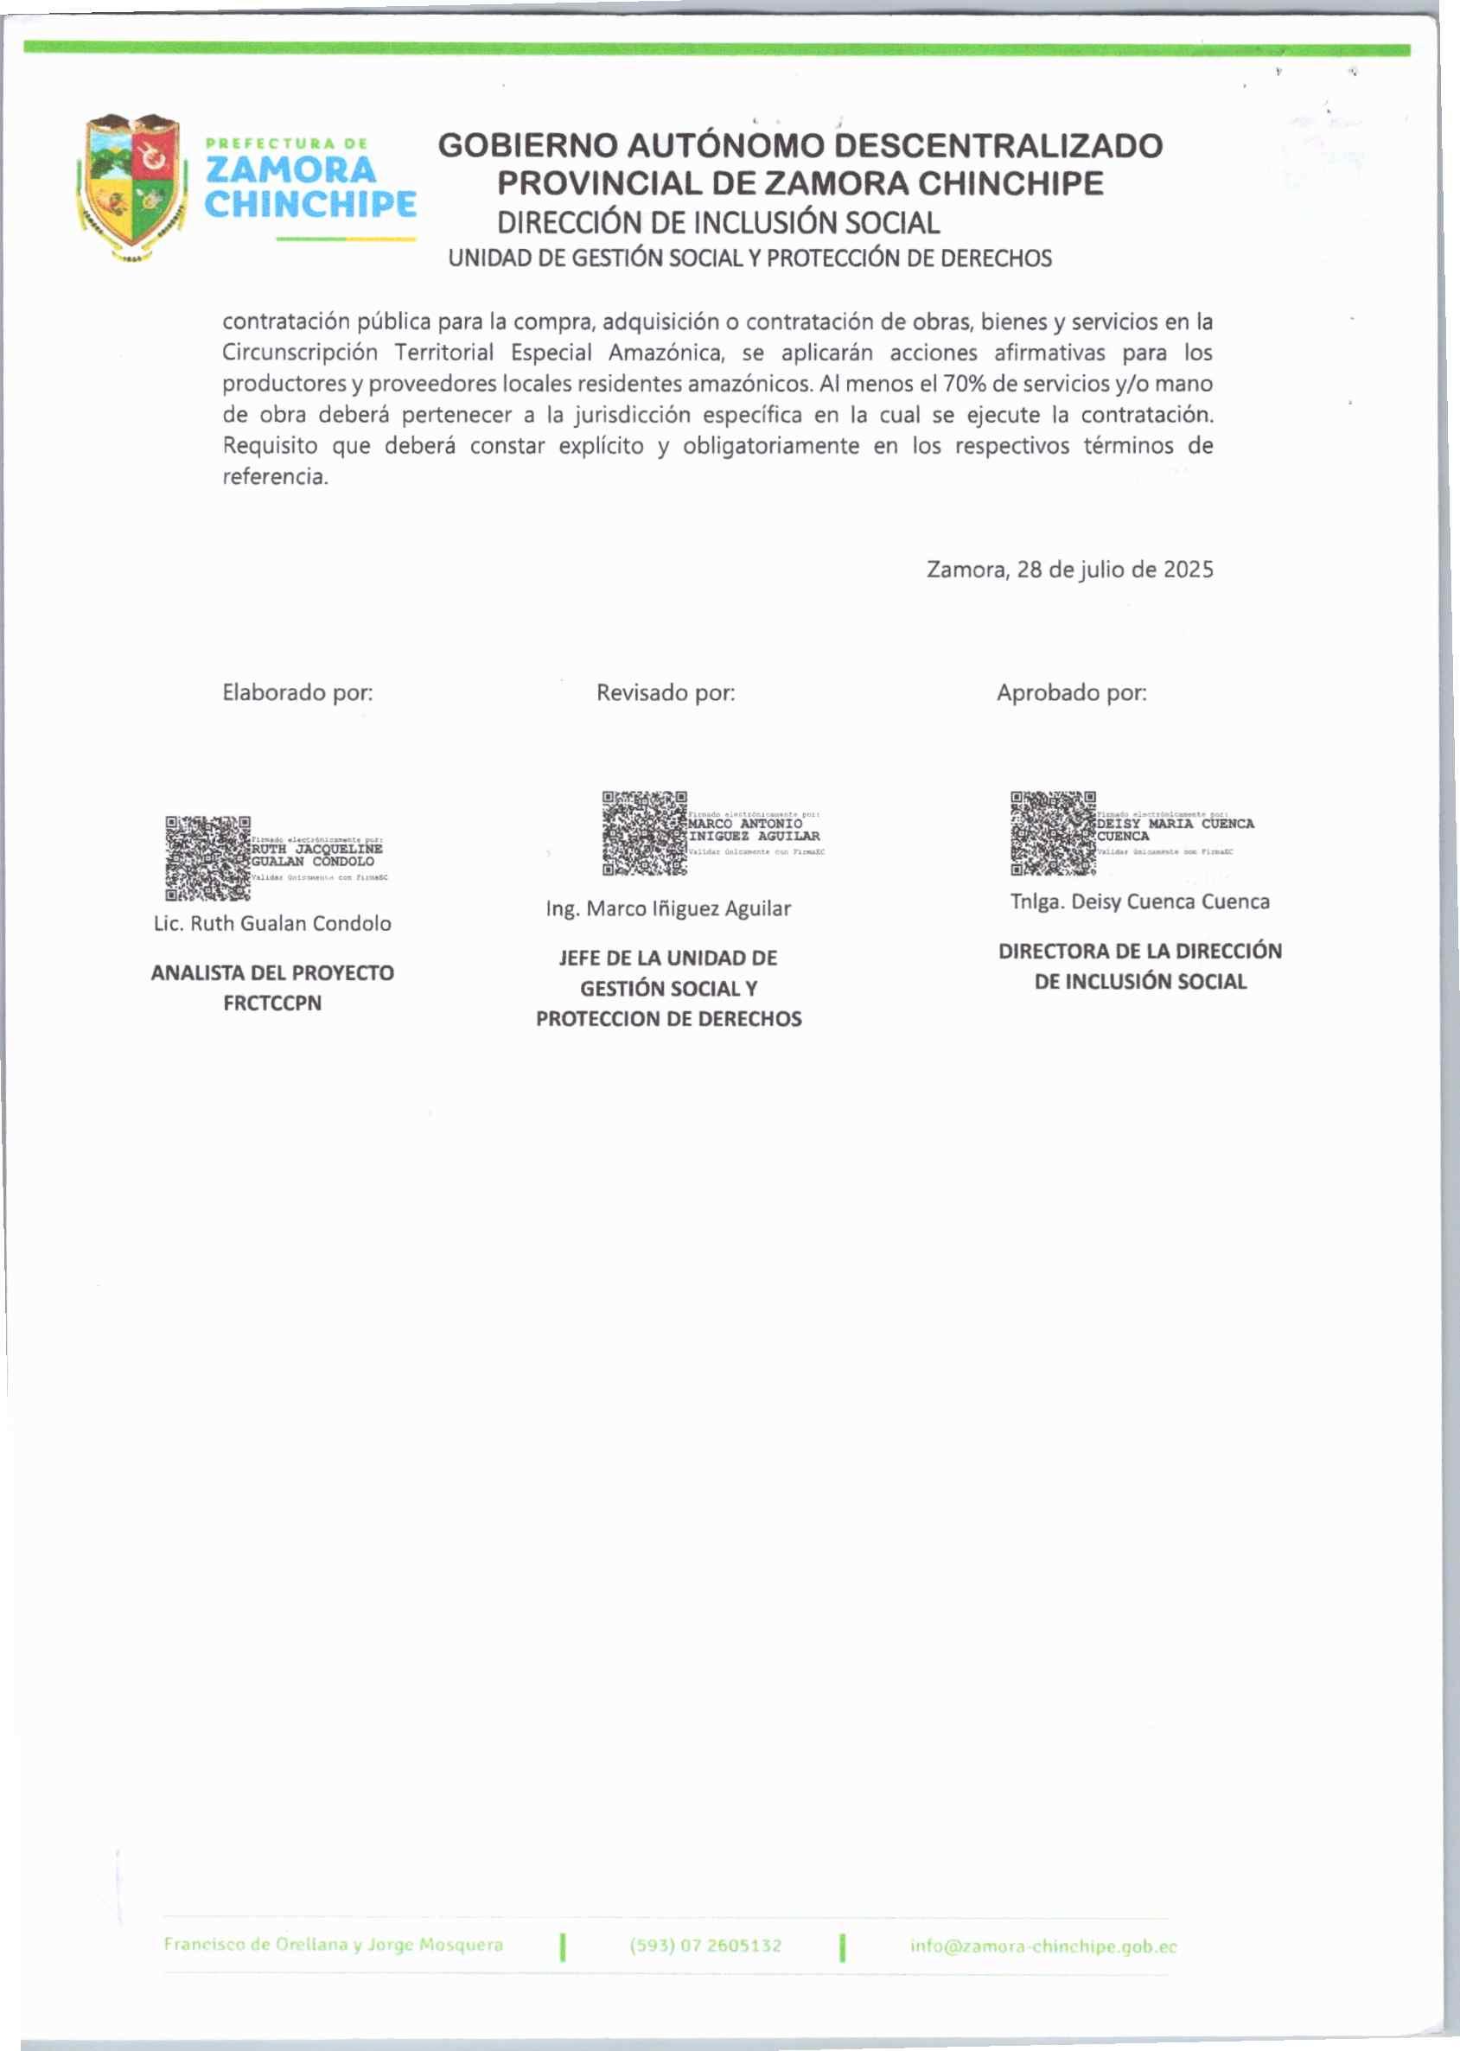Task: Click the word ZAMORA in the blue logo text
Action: [290, 170]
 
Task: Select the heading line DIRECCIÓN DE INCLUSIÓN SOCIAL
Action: [718, 223]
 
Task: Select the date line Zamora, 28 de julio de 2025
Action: [1069, 570]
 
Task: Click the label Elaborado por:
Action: [297, 692]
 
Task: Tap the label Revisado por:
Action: [666, 692]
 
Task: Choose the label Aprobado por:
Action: [1071, 692]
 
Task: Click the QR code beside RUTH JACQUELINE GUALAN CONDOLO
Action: [207, 858]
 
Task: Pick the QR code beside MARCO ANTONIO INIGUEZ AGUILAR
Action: [645, 833]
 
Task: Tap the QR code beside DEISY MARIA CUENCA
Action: [1053, 833]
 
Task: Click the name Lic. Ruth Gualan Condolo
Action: [272, 923]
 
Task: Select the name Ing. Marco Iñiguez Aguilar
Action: [668, 908]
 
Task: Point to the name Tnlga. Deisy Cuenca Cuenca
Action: [1139, 901]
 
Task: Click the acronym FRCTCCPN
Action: [272, 1003]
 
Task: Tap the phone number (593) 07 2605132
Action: [704, 1946]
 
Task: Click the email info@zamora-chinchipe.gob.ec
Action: [1042, 1946]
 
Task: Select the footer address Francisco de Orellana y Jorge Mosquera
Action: [333, 1944]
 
